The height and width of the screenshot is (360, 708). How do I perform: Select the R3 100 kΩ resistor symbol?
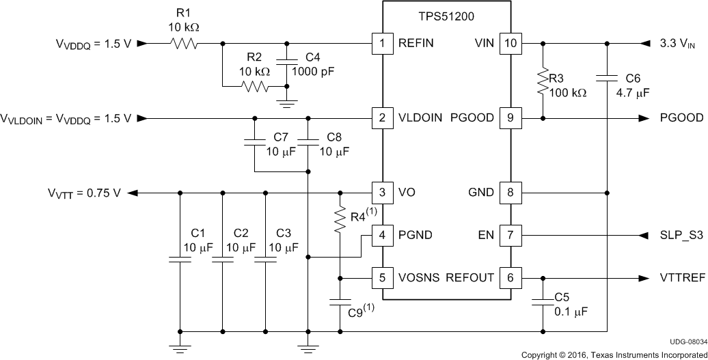pos(543,81)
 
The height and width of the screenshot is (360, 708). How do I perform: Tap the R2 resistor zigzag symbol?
pos(254,87)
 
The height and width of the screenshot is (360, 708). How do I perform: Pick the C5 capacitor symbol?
pos(543,300)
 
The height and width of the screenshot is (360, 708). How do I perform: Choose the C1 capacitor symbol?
pos(180,260)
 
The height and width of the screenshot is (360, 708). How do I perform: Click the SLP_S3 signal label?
pos(680,236)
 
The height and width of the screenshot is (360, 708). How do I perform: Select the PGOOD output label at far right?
pos(681,118)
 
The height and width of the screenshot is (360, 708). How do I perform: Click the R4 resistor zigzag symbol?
pos(340,219)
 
